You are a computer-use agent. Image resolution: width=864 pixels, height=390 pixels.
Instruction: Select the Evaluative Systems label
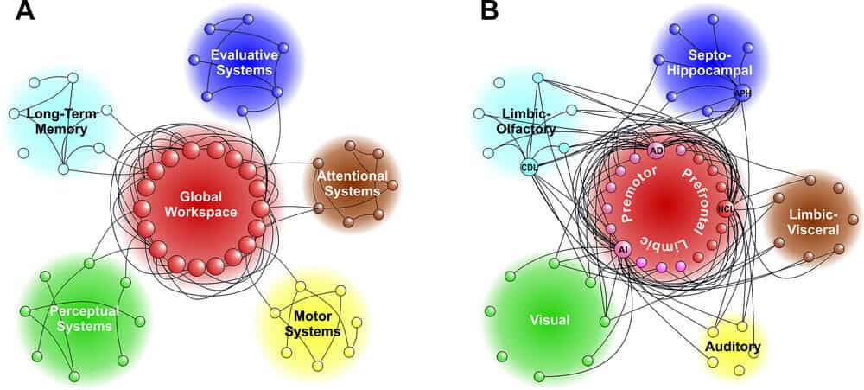(245, 62)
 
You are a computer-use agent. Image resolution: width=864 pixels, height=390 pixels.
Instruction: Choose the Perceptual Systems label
(80, 318)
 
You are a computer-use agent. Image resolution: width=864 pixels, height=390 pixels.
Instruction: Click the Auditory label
(732, 348)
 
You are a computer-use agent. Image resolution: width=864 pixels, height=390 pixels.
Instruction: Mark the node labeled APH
(742, 93)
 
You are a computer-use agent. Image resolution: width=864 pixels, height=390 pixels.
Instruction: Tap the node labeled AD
(656, 150)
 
